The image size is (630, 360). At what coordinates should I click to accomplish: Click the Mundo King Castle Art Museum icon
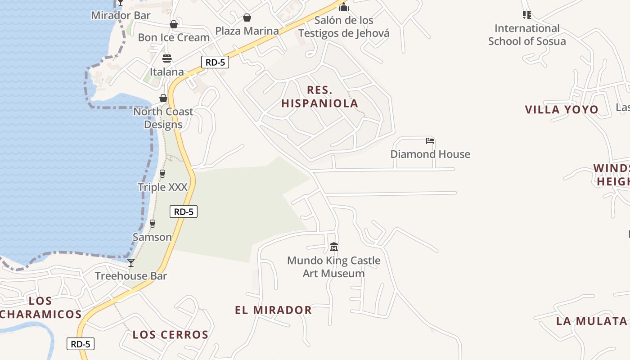[334, 247]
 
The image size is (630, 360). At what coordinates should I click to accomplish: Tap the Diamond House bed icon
[430, 141]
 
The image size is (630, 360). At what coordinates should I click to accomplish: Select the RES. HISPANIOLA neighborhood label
[319, 97]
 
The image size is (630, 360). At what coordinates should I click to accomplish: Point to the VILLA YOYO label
[562, 109]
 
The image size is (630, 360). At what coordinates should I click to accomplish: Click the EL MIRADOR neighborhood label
[273, 310]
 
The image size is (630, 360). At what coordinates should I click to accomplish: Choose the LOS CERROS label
[171, 335]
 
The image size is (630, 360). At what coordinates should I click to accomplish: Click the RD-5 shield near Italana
[215, 62]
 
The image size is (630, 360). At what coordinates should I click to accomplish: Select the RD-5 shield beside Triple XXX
[184, 211]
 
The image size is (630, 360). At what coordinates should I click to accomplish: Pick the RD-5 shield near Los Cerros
[81, 344]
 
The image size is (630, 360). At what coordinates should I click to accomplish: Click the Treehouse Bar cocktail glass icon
[131, 263]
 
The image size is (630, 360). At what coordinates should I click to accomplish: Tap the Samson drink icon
[152, 224]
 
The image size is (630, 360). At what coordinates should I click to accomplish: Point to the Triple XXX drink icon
[162, 173]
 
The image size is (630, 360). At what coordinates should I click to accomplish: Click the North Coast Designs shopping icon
[163, 98]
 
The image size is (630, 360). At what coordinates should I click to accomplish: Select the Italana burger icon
[167, 58]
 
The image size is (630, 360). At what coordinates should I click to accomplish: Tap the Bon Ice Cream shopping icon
[173, 24]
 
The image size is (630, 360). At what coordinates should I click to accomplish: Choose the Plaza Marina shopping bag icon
[247, 18]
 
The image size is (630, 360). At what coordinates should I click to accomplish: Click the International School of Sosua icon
[527, 15]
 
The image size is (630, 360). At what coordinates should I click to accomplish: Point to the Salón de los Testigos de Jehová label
[344, 27]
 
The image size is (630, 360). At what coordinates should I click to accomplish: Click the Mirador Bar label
[121, 15]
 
